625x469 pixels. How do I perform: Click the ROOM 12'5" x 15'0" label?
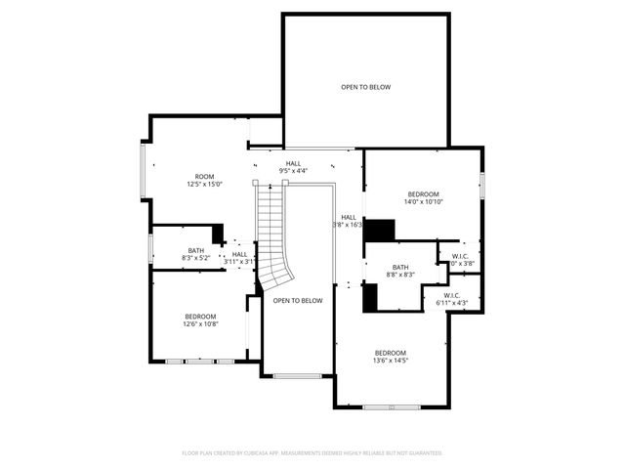point(205,180)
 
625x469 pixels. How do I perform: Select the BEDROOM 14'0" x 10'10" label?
point(424,197)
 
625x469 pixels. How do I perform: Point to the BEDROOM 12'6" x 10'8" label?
point(200,320)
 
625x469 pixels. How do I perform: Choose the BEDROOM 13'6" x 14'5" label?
point(390,357)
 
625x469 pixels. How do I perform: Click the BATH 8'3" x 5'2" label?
point(196,254)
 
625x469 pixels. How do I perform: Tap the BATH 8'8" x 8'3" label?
point(400,271)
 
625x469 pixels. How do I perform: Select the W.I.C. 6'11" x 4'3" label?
point(452,299)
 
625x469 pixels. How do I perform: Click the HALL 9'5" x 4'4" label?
point(293,167)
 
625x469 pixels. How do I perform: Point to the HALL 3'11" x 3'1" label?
point(239,257)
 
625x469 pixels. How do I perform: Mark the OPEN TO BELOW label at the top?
point(365,87)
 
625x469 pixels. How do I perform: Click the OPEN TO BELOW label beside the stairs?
point(298,300)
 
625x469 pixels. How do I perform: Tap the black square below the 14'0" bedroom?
point(380,231)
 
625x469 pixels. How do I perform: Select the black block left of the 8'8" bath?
point(370,297)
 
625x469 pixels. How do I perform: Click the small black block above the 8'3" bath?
point(218,234)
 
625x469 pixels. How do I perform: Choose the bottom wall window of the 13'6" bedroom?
point(392,406)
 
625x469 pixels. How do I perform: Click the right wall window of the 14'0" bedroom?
point(481,185)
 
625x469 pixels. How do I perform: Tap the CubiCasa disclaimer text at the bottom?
point(312,453)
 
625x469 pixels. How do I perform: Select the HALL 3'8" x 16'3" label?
point(350,221)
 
